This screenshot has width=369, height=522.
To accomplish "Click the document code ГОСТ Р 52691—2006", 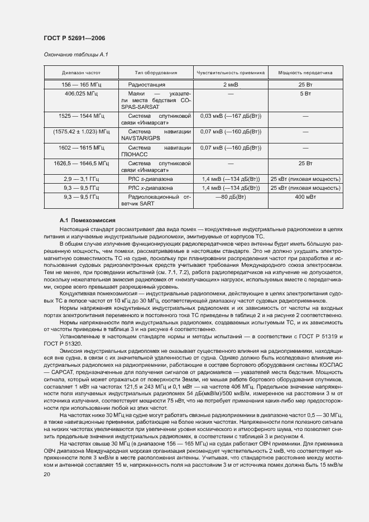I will (74, 38).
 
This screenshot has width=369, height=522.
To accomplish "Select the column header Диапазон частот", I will (81, 73).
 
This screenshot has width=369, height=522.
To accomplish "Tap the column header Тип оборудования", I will (156, 73).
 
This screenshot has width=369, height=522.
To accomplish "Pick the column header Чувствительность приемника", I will (230, 73).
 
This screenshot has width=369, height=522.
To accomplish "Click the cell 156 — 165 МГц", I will (81, 84).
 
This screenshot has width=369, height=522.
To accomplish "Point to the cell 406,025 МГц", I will (81, 93).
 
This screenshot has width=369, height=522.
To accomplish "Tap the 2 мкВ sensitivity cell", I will (230, 84).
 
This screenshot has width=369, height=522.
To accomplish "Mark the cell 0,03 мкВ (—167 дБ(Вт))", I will (231, 116).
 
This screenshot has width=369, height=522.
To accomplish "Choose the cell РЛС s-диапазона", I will (150, 179).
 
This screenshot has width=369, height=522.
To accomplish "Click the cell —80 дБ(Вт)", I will (231, 197).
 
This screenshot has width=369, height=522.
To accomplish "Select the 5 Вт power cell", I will (305, 93).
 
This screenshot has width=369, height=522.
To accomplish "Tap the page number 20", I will (46, 474).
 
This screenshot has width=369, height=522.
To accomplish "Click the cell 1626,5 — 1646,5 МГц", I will (81, 163).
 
